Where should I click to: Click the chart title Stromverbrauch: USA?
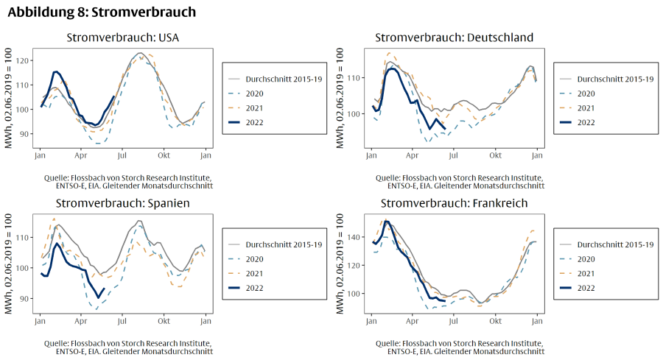click(123, 38)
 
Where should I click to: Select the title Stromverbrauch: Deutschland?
click(454, 38)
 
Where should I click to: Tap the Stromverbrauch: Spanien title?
click(123, 202)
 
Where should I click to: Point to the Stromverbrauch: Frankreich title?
click(454, 202)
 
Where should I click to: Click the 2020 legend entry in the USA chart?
click(254, 93)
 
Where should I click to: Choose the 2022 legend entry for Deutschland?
click(585, 122)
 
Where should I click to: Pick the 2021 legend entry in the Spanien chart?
click(254, 273)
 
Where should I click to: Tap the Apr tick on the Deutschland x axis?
click(413, 156)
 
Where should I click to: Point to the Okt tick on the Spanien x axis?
click(163, 321)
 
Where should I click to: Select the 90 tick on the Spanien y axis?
click(24, 299)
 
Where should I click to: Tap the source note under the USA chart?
click(128, 182)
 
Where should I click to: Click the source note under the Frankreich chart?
click(459, 347)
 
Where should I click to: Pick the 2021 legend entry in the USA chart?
click(254, 108)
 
